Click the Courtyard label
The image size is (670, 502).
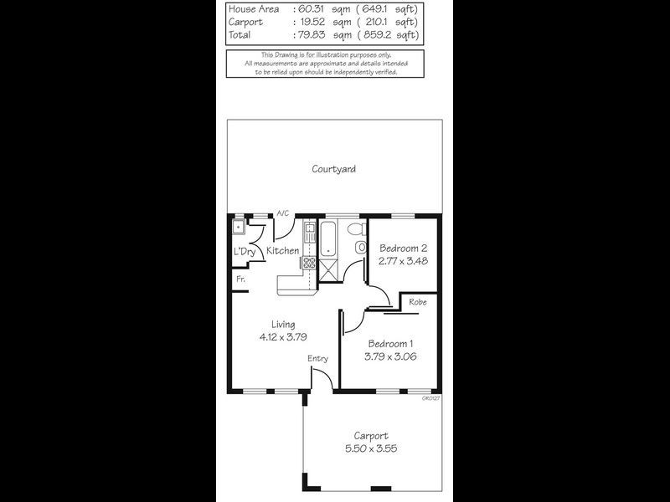[334, 169]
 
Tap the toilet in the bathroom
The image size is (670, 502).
[355, 228]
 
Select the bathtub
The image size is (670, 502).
[329, 239]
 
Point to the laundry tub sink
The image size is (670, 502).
[238, 226]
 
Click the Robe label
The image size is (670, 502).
[419, 301]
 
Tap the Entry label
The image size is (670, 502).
[317, 359]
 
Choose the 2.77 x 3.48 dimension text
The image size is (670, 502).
[404, 261]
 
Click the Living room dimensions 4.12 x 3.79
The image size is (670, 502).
[282, 339]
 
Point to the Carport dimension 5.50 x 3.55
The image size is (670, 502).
[370, 448]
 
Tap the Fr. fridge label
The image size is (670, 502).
[240, 279]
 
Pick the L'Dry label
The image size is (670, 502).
[245, 252]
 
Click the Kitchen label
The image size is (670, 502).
[283, 250]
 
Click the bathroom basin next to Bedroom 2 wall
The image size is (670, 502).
[361, 248]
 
